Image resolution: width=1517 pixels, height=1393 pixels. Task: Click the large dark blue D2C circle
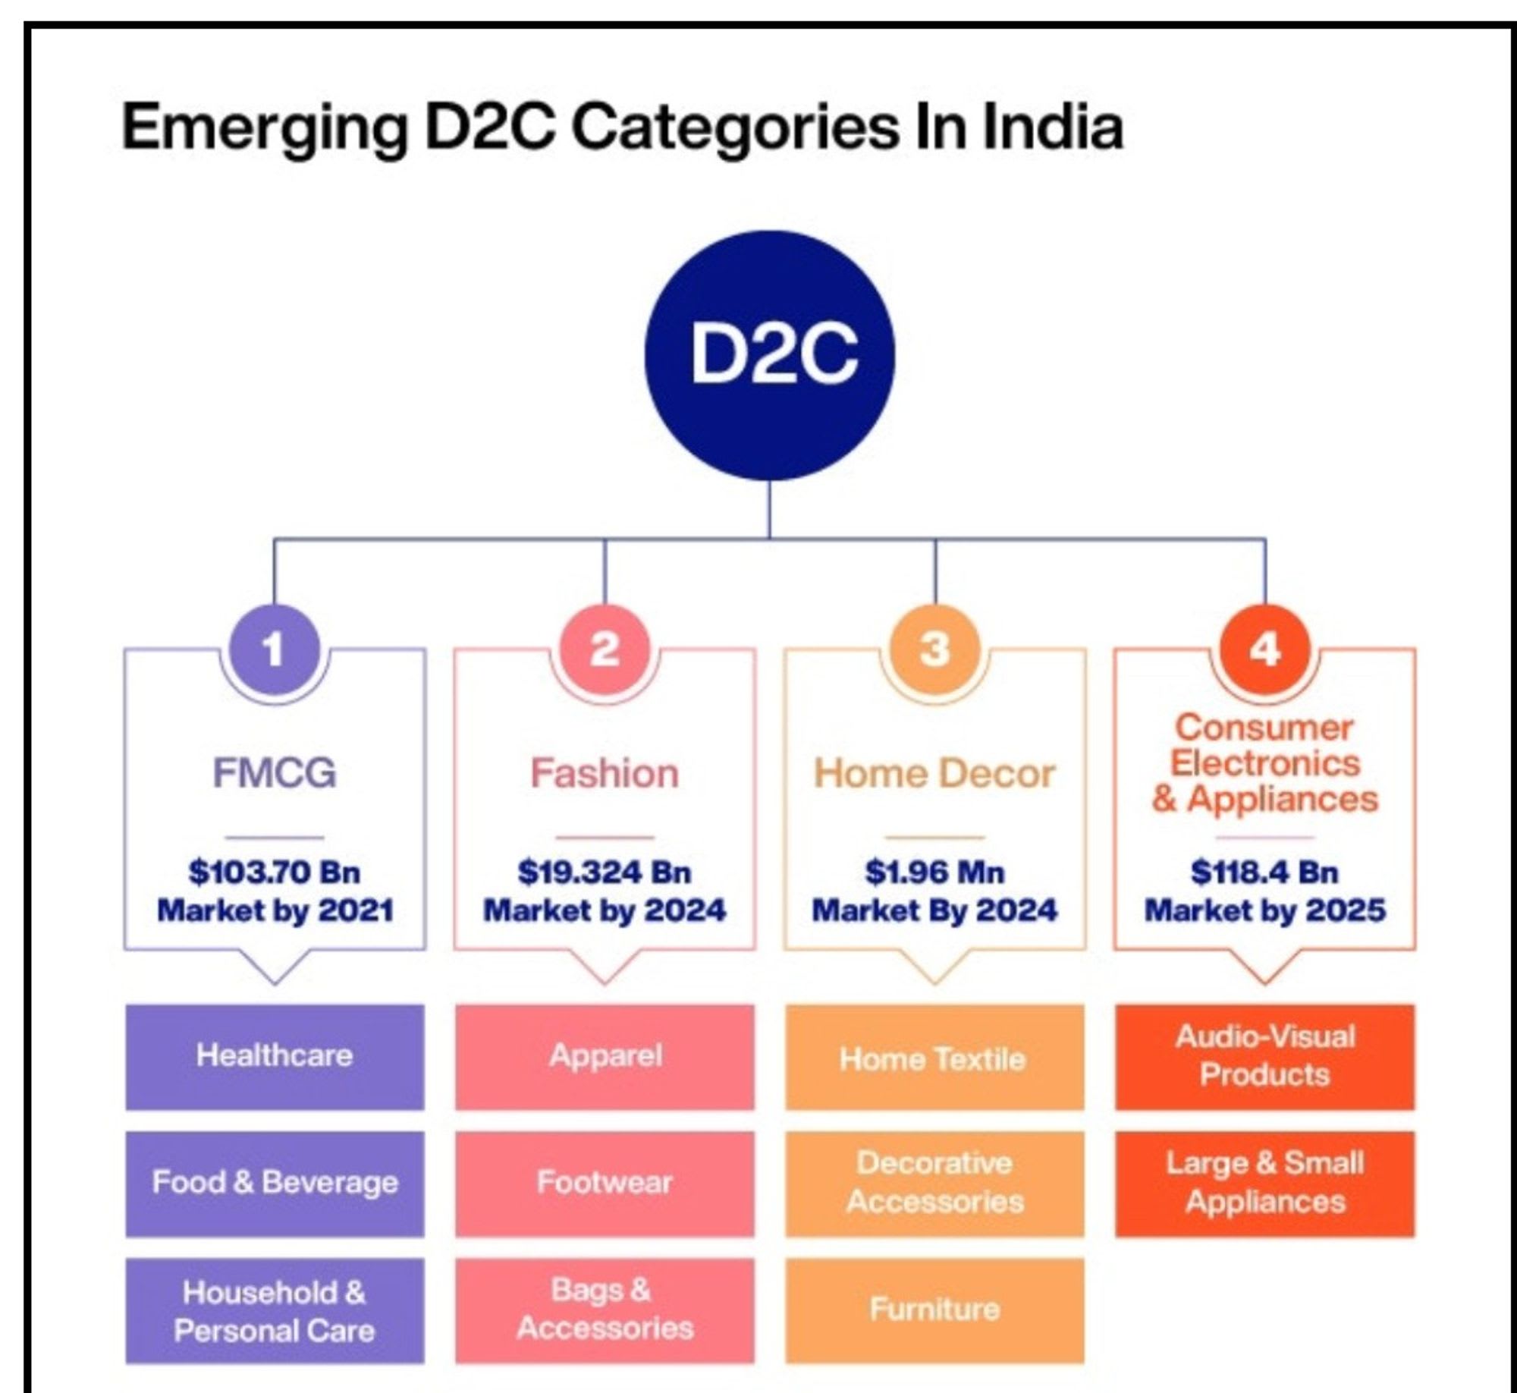[x=769, y=355]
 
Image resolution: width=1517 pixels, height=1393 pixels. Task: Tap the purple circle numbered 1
[x=274, y=649]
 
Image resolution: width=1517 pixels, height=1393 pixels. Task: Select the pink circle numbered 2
[x=605, y=649]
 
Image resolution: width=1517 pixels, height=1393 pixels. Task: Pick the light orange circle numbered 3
[x=934, y=649]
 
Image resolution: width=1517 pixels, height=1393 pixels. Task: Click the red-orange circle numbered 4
[x=1264, y=649]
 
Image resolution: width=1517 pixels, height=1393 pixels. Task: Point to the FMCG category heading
[x=274, y=773]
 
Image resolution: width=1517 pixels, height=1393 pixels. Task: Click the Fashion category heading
[x=605, y=773]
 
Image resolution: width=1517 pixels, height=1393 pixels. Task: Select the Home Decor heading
[x=934, y=773]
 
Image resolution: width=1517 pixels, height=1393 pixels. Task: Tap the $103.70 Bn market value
[x=274, y=872]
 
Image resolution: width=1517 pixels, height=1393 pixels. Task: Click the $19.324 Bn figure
[x=605, y=872]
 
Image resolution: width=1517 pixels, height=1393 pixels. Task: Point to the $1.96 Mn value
[x=934, y=872]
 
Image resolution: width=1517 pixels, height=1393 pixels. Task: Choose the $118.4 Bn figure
[x=1264, y=872]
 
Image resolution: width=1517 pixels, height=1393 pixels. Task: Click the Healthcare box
[x=275, y=1057]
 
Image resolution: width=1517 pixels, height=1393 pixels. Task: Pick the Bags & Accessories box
[x=605, y=1310]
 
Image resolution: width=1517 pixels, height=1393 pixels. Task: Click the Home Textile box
[x=934, y=1057]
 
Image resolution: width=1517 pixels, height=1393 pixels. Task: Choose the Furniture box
[x=934, y=1310]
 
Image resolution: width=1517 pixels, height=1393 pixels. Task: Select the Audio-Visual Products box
[x=1264, y=1057]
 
